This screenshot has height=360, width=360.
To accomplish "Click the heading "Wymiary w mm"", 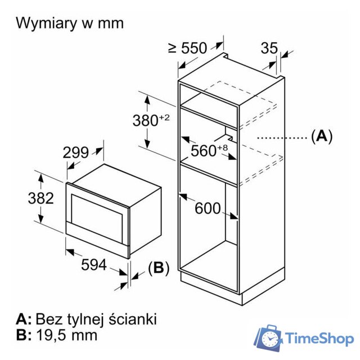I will coord(70,23).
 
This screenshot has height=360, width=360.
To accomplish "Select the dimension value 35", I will coord(269,48).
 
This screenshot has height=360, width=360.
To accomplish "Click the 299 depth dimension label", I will coord(75,152).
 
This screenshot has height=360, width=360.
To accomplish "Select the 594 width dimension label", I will coord(93,264).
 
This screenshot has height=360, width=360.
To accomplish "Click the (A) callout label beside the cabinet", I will coord(322,136).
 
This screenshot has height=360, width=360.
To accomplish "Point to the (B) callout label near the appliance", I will coord(159,268).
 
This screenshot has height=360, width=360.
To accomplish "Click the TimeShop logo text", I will coord(319,339).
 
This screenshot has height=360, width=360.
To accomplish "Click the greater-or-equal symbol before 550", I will coord(173,48).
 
